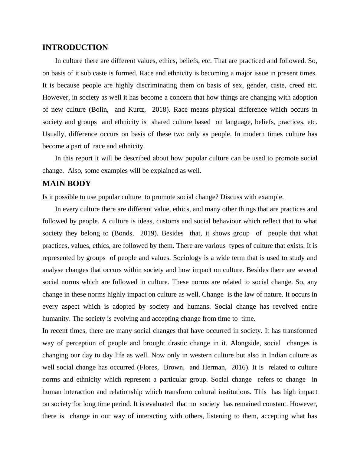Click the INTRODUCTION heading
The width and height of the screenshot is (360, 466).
click(75, 48)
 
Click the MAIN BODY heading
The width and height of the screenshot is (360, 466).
click(67, 184)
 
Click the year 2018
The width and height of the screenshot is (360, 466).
click(159, 110)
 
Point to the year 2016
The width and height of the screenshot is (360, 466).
click(239, 367)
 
